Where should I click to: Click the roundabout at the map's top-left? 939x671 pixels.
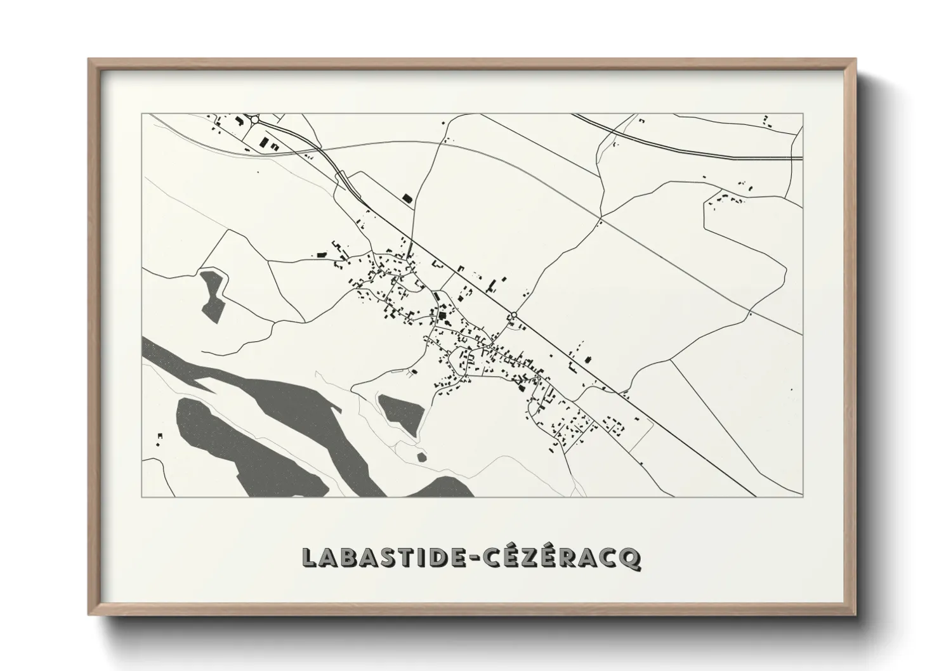(x=255, y=119)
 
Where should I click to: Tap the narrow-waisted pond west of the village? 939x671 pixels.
(x=212, y=294)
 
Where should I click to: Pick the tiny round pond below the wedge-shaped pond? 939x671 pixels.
(x=420, y=456)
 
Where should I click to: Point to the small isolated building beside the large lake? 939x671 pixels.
(x=160, y=436)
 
